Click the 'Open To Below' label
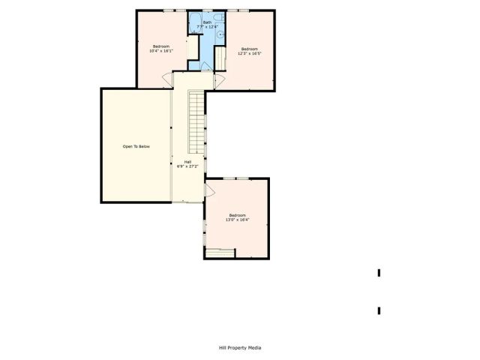(x=136, y=146)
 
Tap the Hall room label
(x=187, y=161)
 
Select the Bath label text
(x=207, y=22)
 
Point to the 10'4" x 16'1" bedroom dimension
(x=161, y=51)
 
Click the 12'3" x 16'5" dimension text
(x=250, y=54)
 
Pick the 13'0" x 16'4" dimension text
(x=238, y=220)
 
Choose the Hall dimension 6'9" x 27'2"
(x=187, y=166)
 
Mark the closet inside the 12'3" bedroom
(x=220, y=56)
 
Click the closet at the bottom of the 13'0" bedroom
(x=220, y=253)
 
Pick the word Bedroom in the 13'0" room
(x=238, y=215)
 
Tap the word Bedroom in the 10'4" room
(x=161, y=46)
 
